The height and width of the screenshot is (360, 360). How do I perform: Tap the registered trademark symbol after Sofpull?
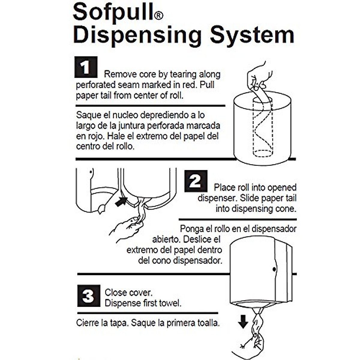pos(159,16)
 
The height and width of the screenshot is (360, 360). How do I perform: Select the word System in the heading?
pos(252,35)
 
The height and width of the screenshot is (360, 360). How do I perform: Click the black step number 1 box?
pos(86,67)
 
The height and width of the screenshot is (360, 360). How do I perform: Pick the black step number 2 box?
pos(196,181)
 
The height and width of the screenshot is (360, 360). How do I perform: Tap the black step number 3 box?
pos(88,296)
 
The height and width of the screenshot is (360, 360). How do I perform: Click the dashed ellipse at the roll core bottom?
pos(263,153)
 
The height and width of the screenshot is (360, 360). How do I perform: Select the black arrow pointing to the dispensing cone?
pos(121,201)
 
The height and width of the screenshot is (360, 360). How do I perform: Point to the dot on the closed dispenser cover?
pos(274,269)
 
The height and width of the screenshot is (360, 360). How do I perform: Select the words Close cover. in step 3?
pos(128,292)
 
